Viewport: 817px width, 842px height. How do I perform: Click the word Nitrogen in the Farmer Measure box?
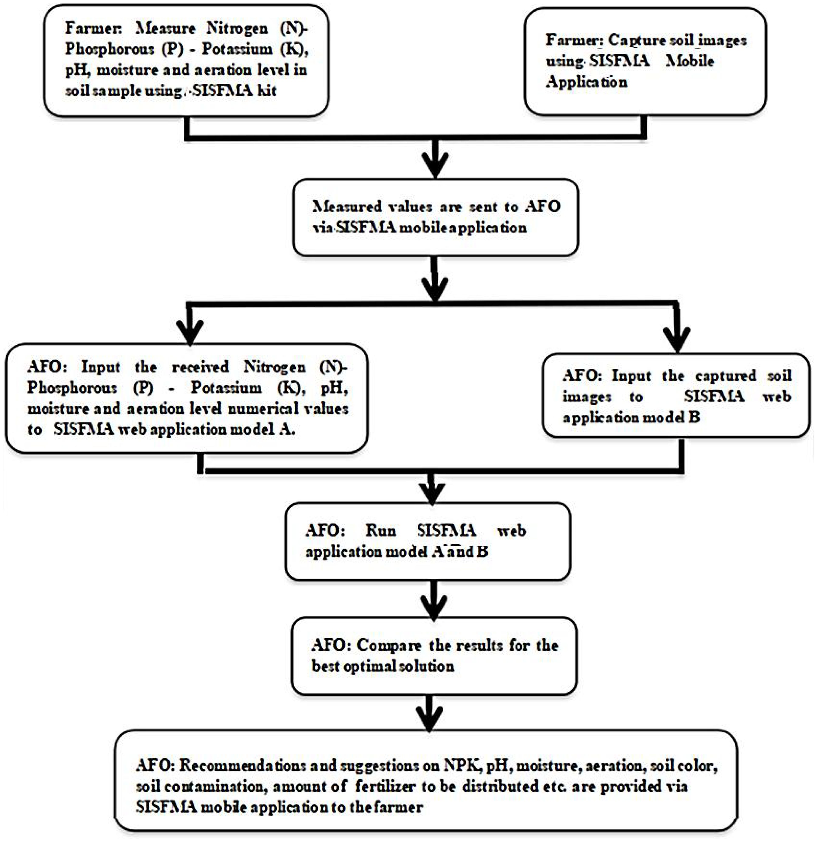(x=237, y=29)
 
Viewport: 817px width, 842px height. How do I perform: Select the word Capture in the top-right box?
(x=631, y=40)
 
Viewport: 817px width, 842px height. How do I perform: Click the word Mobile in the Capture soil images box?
(x=689, y=61)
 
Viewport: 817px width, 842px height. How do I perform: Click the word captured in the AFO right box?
(x=726, y=375)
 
